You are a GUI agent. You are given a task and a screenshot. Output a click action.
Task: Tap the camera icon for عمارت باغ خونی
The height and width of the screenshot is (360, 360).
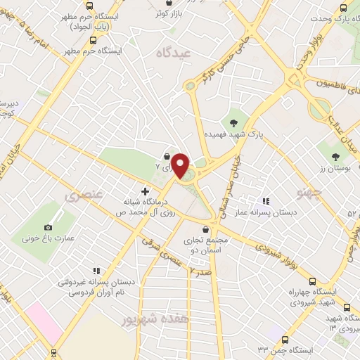48,227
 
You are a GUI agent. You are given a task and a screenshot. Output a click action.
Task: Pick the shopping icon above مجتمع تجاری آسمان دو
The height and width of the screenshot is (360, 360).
205,229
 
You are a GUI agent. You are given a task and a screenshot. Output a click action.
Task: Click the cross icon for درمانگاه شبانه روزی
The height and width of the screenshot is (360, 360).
145,191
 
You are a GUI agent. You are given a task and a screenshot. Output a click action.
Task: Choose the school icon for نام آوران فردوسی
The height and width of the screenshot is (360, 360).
97,270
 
